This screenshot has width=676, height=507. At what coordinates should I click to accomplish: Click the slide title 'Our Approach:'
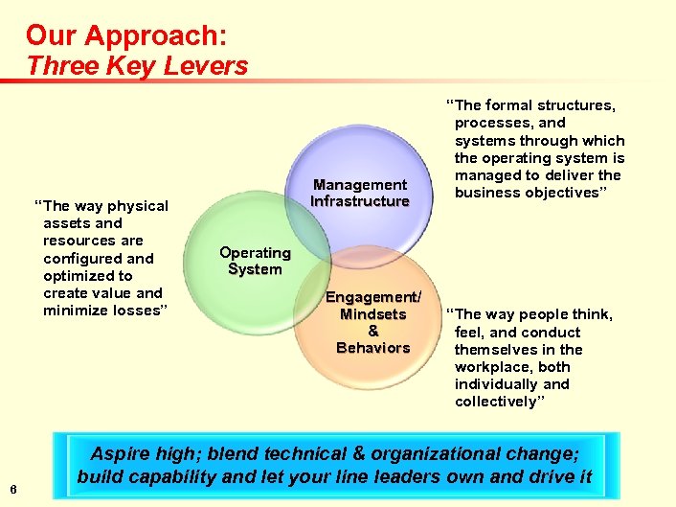pos(126,35)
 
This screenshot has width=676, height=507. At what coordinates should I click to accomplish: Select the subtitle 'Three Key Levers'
pos(137,66)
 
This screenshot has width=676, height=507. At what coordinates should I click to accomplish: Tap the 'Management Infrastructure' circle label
pos(359,193)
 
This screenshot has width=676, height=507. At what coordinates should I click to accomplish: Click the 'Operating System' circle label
pos(255,261)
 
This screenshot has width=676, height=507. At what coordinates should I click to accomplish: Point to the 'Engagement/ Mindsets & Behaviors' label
pos(373,322)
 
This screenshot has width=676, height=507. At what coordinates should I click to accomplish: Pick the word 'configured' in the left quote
pos(83,258)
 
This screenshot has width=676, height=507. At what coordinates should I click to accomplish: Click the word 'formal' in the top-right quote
pos(519,105)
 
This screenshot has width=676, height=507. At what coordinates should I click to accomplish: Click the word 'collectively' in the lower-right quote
pos(498,402)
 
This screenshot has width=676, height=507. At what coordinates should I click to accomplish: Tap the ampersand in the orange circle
pos(372,331)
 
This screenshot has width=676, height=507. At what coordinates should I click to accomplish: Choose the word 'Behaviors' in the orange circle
pos(372,348)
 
